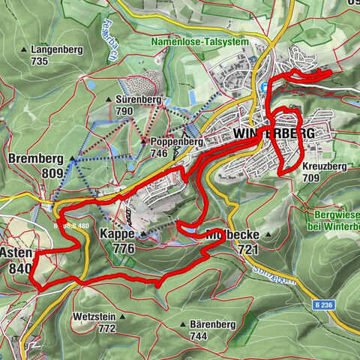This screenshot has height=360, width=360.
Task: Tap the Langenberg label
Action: (58, 49)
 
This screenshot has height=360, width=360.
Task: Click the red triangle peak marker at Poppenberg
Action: (144, 140)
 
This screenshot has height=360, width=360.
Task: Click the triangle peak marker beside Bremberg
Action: (73, 159)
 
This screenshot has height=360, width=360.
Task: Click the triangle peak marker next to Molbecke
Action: (267, 235)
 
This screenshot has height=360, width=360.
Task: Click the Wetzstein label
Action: (95, 316)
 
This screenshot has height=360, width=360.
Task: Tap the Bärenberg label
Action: (210, 324)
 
